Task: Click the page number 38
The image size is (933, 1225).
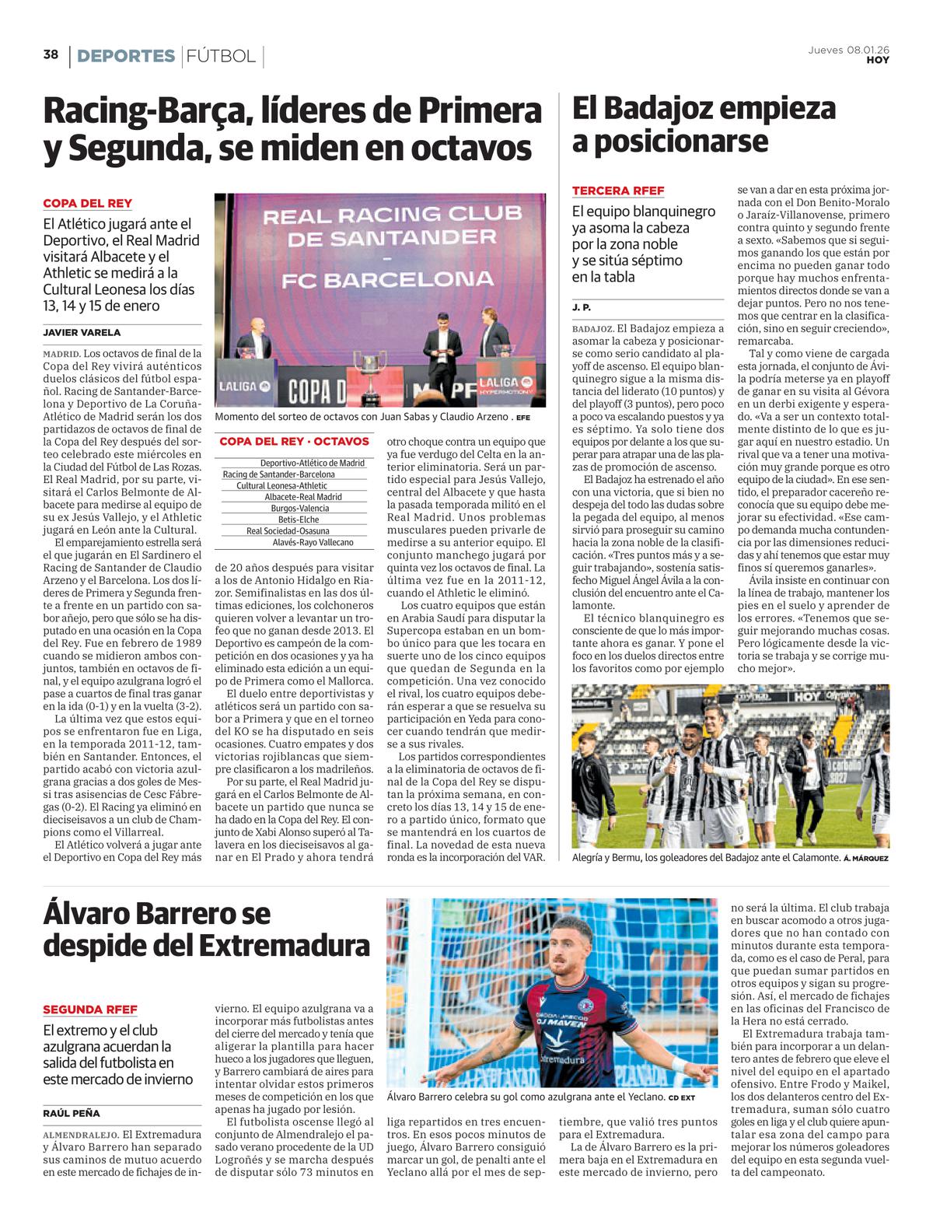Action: [51, 54]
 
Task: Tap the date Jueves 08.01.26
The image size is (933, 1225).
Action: [849, 51]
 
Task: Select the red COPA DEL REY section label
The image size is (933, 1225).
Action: [87, 204]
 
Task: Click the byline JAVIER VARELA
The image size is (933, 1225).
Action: [82, 332]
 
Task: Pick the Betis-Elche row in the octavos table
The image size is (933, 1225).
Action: [298, 520]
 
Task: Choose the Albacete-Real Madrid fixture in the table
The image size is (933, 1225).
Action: [302, 497]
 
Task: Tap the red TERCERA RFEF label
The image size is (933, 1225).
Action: [618, 191]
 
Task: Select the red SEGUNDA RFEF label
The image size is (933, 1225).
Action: [90, 1010]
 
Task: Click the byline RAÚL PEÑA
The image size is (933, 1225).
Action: [72, 1113]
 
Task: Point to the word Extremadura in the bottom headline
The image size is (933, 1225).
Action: [284, 946]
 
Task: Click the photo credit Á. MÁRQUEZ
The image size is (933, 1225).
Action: [865, 858]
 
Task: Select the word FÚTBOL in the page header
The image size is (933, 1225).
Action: [221, 56]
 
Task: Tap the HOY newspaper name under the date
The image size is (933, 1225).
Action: [878, 60]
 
